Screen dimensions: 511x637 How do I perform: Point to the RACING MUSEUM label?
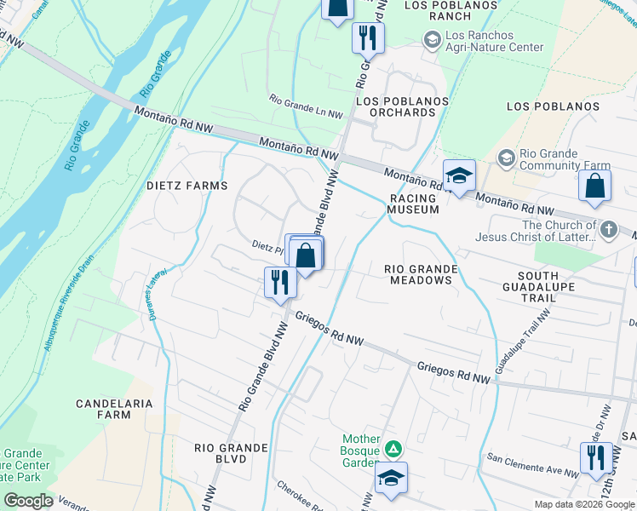coord(414,203)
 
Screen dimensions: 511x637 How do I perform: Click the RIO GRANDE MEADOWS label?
coord(422,275)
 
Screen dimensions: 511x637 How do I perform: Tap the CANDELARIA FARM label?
coord(114,409)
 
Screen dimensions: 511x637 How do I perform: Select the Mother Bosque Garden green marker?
coord(393,448)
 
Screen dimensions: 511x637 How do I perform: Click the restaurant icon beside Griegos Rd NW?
coord(279,282)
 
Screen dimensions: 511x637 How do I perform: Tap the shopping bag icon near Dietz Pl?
coord(305,255)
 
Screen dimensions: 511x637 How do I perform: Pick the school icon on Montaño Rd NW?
coord(459,176)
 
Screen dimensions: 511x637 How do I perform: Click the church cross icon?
coord(608,229)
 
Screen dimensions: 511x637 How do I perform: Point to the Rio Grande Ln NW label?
coord(306,106)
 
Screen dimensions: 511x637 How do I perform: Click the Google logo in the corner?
coord(28,501)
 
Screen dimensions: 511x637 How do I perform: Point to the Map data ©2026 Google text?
coord(583,504)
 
